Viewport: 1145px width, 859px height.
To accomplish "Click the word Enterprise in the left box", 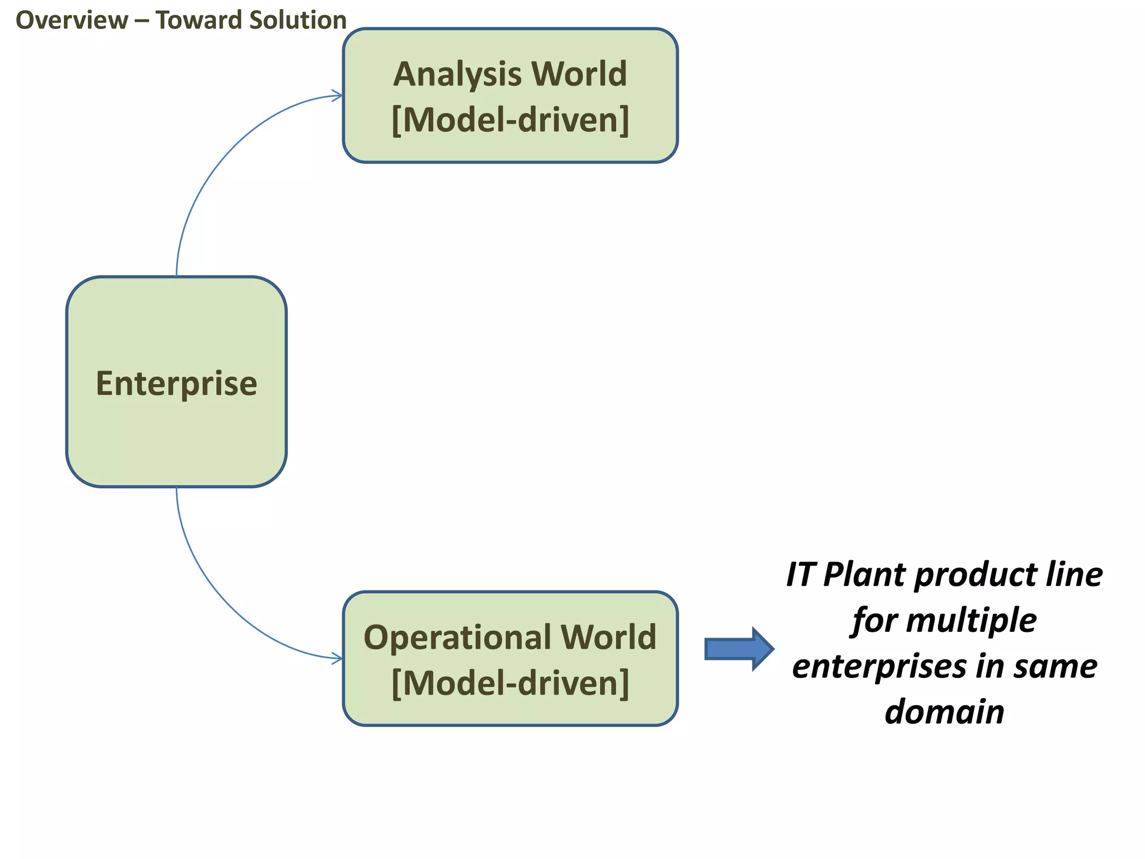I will click(x=176, y=384).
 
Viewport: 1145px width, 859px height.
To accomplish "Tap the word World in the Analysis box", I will click(x=579, y=74).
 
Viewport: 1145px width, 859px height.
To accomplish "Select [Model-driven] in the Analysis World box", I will click(x=510, y=120).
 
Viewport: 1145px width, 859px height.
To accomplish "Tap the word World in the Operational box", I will click(x=608, y=638).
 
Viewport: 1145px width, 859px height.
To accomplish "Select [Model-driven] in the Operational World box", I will click(x=510, y=683).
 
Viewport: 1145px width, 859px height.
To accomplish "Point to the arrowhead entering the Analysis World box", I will click(x=337, y=96).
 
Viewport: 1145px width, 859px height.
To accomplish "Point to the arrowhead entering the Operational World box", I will click(x=337, y=658).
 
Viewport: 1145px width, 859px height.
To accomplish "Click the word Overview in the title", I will click(x=72, y=21).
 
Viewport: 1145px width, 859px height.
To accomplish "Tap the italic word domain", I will click(x=944, y=712).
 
